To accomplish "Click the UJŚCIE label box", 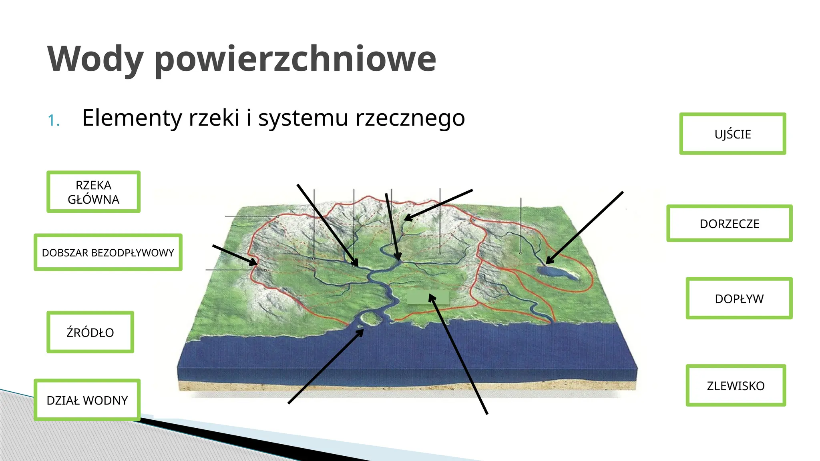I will pos(732,134).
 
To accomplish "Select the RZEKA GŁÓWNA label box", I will pos(93,192).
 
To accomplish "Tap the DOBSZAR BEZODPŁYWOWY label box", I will pos(108,253).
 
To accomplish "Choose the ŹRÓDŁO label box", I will pos(90,332).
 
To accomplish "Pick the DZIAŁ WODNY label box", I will pos(87,400).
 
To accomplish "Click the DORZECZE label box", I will pos(729,223).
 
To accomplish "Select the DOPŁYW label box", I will pos(739,299).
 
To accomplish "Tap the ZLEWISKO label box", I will pos(736,385).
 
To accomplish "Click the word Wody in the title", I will pos(95,59).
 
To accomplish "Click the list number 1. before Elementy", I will pos(54,120).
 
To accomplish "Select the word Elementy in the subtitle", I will pos(132,118).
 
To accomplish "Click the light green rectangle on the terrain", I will pos(428,297).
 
